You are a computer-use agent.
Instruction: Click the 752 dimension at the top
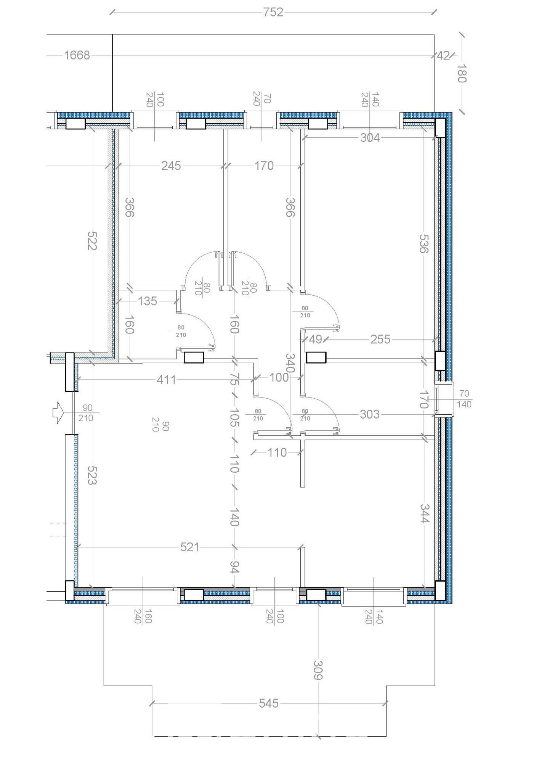(273, 12)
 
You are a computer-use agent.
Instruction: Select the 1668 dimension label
(77, 55)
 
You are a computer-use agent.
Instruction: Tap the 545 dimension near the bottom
(269, 703)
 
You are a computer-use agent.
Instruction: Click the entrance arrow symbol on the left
(58, 412)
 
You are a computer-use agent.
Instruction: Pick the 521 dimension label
(189, 547)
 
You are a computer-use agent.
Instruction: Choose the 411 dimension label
(167, 380)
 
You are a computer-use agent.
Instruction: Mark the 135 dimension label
(148, 301)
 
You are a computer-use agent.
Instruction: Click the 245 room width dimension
(171, 166)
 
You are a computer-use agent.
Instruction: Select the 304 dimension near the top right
(370, 138)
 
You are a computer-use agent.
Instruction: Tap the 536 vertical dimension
(424, 243)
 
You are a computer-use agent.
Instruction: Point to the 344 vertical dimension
(425, 513)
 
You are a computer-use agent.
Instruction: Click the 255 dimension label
(380, 339)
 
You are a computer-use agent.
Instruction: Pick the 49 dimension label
(315, 339)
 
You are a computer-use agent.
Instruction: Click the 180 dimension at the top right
(462, 73)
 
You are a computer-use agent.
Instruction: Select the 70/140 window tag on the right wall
(464, 399)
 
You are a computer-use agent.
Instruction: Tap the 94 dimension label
(234, 567)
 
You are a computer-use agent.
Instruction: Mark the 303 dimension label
(370, 414)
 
